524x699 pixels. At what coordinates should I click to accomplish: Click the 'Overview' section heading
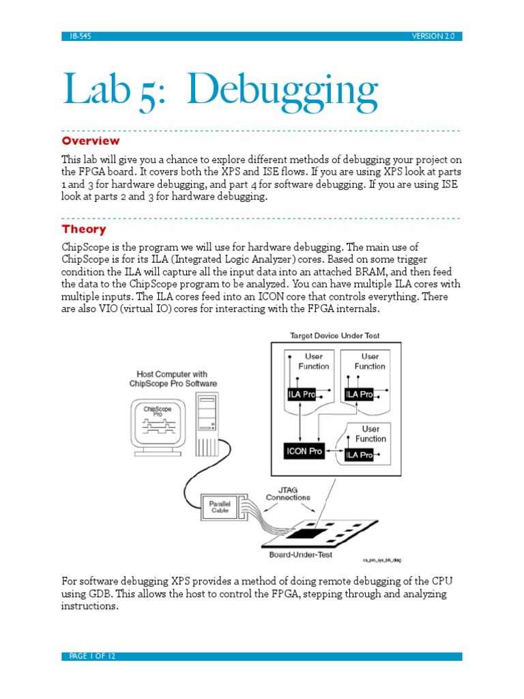point(91,141)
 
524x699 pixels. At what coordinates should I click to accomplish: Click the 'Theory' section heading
point(84,229)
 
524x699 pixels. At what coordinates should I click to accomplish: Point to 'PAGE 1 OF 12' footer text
point(92,656)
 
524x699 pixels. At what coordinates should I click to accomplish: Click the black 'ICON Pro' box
point(304,451)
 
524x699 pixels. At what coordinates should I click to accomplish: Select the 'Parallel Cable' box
point(220,507)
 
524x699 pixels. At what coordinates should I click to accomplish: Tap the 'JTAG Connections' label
point(293,492)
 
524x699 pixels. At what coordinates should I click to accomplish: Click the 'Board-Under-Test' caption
point(301,555)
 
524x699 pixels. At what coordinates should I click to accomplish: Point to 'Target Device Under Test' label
point(334,336)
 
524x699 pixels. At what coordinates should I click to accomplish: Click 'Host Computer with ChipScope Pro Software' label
point(173,378)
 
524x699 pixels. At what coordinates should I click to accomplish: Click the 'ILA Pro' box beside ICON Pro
point(359,455)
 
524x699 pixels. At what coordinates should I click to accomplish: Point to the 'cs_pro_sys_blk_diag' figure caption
point(381,560)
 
